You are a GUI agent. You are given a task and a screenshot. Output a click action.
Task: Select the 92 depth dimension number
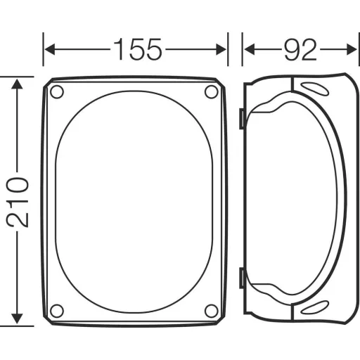(300, 50)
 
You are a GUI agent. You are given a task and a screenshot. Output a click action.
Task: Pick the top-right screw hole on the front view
(211, 92)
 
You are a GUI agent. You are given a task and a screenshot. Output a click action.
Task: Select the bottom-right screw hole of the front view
(211, 310)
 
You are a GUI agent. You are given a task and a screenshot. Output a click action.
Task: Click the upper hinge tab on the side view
(241, 120)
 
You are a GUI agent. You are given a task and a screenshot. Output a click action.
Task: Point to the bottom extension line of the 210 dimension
(21, 326)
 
